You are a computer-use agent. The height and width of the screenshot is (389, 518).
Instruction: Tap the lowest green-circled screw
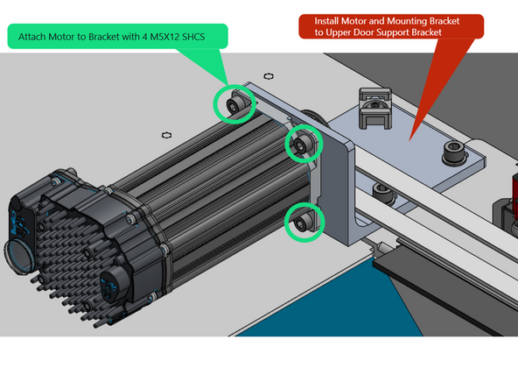tap(303, 223)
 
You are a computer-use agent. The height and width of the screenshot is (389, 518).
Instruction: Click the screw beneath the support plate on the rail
tap(378, 190)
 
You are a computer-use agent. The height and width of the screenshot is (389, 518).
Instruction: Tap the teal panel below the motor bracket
tap(332, 298)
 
